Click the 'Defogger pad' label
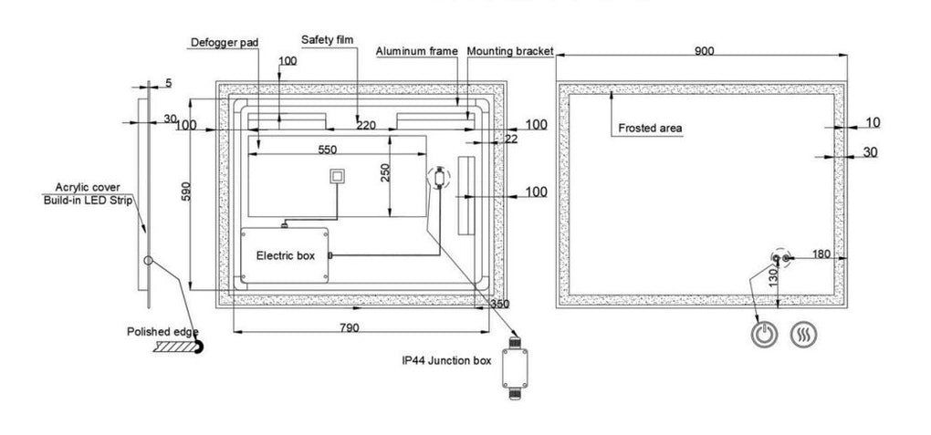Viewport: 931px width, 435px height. pyautogui.click(x=225, y=43)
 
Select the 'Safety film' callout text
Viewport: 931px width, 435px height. pyautogui.click(x=327, y=40)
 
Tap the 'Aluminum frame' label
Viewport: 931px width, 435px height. pyautogui.click(x=417, y=51)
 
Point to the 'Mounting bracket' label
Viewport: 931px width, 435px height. pyautogui.click(x=510, y=51)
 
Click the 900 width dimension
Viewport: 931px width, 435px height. pyautogui.click(x=705, y=51)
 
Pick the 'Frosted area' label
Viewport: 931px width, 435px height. pyautogui.click(x=650, y=129)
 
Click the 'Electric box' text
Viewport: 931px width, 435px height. pyautogui.click(x=286, y=255)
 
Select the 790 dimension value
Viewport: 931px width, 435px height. pyautogui.click(x=349, y=327)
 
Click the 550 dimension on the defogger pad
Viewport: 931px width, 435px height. pyautogui.click(x=327, y=150)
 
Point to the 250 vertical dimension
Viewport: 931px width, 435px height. pyautogui.click(x=385, y=172)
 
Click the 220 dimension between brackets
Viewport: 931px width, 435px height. pyautogui.click(x=366, y=125)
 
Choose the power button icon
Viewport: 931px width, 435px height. pyautogui.click(x=764, y=335)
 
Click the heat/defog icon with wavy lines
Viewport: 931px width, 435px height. pyautogui.click(x=804, y=335)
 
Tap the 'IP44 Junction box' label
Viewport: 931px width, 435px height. pyautogui.click(x=446, y=360)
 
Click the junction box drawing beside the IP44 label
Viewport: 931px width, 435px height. pyautogui.click(x=514, y=368)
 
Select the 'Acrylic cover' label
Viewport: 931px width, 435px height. pyautogui.click(x=88, y=188)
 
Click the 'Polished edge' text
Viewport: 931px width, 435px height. pyautogui.click(x=162, y=332)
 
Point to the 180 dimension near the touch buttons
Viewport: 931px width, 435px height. pyautogui.click(x=821, y=254)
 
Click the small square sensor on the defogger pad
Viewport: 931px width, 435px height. pyautogui.click(x=338, y=177)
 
